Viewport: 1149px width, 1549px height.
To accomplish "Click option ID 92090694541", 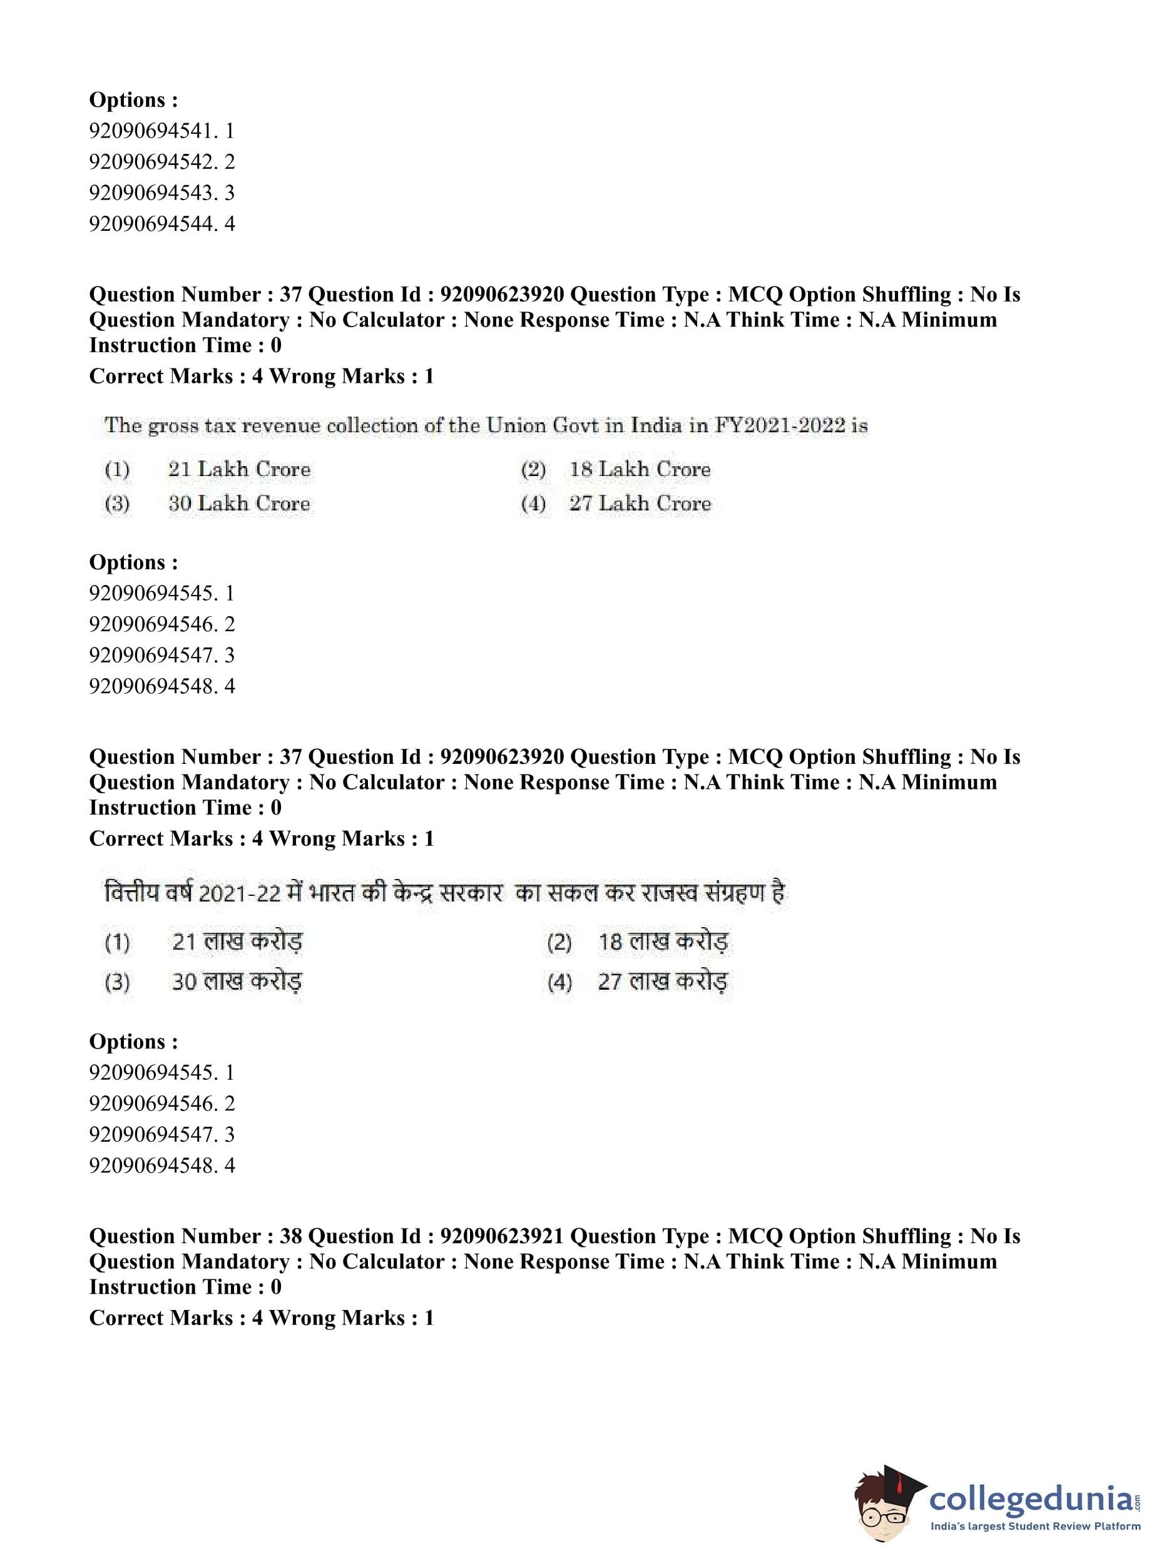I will coord(161,131).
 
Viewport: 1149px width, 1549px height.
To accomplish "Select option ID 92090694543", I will coord(161,193).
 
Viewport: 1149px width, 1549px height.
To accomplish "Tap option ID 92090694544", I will coord(161,224).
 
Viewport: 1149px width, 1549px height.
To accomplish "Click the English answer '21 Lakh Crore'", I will coord(238,469).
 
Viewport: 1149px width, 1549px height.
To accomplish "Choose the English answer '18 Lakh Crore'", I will coord(640,469).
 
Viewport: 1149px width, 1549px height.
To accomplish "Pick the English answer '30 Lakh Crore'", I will coord(238,504).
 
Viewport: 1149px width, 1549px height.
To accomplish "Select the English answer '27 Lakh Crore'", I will coord(640,504).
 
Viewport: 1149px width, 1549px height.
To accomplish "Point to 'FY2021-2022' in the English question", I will coord(779,425).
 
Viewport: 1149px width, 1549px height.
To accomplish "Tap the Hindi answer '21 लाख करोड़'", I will coord(237,942).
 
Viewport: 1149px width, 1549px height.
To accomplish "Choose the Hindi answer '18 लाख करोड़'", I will coord(663,942).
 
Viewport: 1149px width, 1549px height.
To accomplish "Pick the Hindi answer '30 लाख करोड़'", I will coord(237,982).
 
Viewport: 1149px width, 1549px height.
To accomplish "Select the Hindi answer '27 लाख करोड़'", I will coord(663,982).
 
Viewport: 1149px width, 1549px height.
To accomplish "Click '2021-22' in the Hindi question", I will coord(239,893).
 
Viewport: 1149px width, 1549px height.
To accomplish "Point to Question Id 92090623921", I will coord(501,1236).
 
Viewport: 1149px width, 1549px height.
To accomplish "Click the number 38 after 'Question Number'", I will coord(291,1236).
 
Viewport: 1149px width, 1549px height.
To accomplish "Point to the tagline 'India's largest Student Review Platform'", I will coord(1036,1526).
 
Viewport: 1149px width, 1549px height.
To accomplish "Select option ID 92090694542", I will coord(161,162).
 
